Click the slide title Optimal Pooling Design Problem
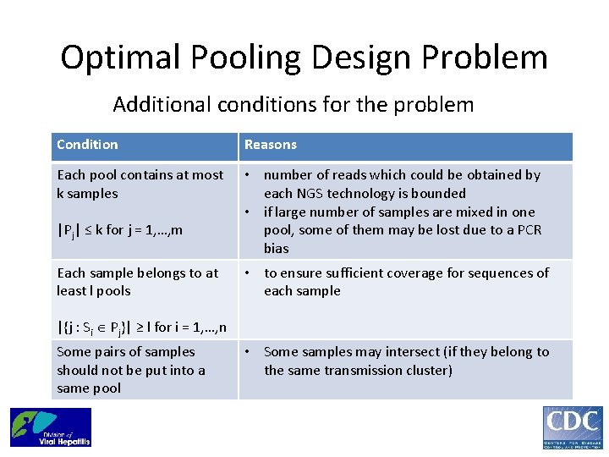(304, 58)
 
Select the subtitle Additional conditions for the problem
(293, 105)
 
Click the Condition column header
(87, 145)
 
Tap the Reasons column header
(271, 145)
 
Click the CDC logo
(573, 427)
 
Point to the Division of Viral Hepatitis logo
(50, 427)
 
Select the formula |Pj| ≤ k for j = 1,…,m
(119, 230)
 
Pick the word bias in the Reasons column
(276, 249)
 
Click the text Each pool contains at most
(140, 175)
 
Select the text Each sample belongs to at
(137, 273)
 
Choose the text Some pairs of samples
(125, 352)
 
